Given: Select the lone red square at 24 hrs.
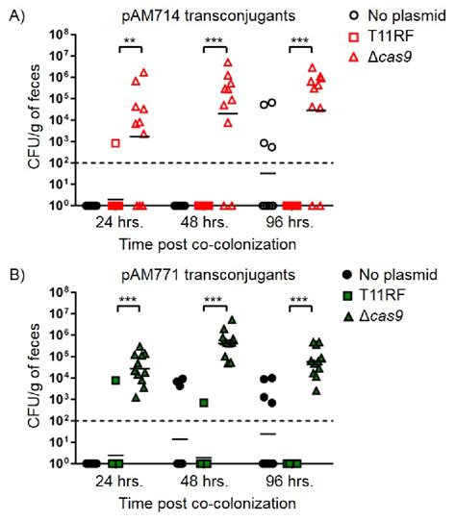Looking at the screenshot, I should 114,142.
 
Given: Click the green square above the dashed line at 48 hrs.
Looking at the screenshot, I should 204,402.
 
